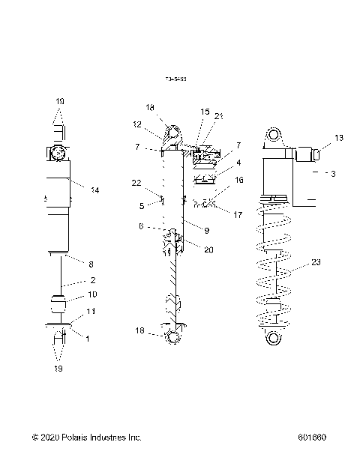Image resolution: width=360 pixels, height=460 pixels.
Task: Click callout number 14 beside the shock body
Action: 94,190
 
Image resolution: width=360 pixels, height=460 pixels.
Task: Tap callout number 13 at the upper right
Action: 339,138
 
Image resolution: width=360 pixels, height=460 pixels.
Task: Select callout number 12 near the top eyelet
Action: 137,124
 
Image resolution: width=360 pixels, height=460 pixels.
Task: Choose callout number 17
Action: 238,214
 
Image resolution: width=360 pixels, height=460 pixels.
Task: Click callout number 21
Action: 218,115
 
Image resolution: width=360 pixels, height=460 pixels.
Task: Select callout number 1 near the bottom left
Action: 88,338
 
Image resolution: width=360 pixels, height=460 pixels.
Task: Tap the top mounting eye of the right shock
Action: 272,135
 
